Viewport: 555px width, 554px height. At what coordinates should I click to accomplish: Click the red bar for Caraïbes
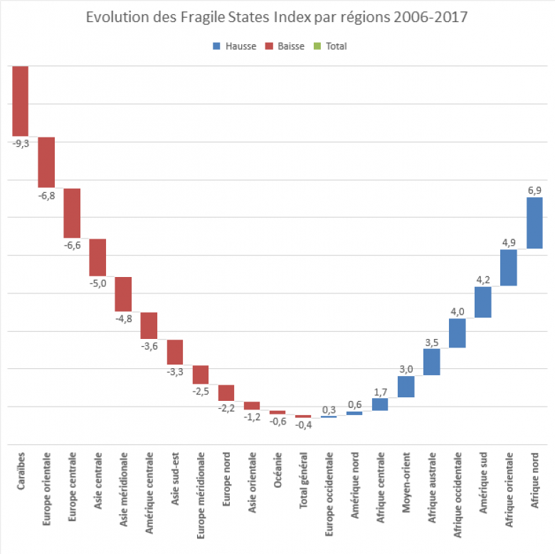[x=20, y=100]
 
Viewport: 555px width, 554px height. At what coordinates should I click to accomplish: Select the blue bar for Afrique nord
[x=534, y=223]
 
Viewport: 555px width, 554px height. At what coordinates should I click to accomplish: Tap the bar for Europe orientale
[x=46, y=162]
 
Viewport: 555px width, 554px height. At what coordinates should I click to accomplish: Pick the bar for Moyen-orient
[x=406, y=386]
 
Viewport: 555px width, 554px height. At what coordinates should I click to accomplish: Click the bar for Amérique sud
[x=483, y=302]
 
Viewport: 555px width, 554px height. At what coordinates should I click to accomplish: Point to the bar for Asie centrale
[x=97, y=257]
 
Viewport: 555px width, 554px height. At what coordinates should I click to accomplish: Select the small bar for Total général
[x=303, y=417]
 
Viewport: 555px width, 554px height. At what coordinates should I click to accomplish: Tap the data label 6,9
[x=534, y=190]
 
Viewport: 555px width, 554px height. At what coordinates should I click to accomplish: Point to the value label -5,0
[x=97, y=283]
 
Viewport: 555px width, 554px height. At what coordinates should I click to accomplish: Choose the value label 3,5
[x=431, y=342]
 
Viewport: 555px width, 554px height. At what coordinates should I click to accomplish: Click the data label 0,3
[x=329, y=409]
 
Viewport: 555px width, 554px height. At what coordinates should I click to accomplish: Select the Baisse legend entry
[x=285, y=46]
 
